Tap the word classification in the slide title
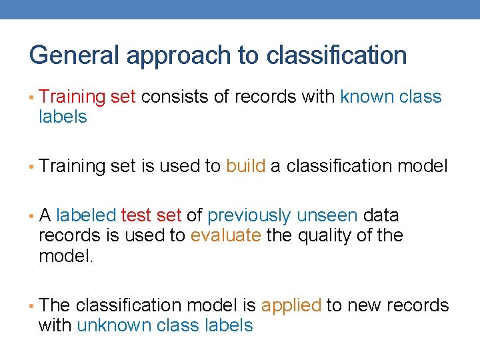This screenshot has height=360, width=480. click(x=337, y=55)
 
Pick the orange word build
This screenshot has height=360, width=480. click(x=245, y=166)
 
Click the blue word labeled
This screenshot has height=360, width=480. click(x=85, y=216)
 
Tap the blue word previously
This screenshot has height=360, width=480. click(x=249, y=216)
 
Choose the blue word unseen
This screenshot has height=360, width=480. click(x=327, y=216)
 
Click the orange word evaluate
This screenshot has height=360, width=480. click(x=225, y=236)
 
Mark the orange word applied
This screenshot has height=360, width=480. click(x=291, y=306)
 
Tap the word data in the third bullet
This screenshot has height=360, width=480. click(x=382, y=216)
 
